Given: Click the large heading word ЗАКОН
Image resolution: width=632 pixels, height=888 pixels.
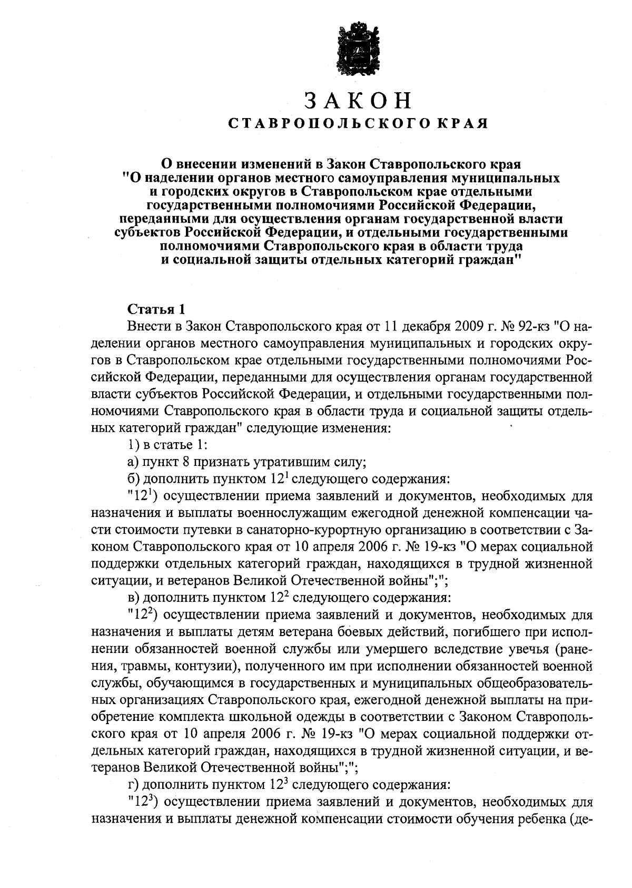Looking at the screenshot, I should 358,101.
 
